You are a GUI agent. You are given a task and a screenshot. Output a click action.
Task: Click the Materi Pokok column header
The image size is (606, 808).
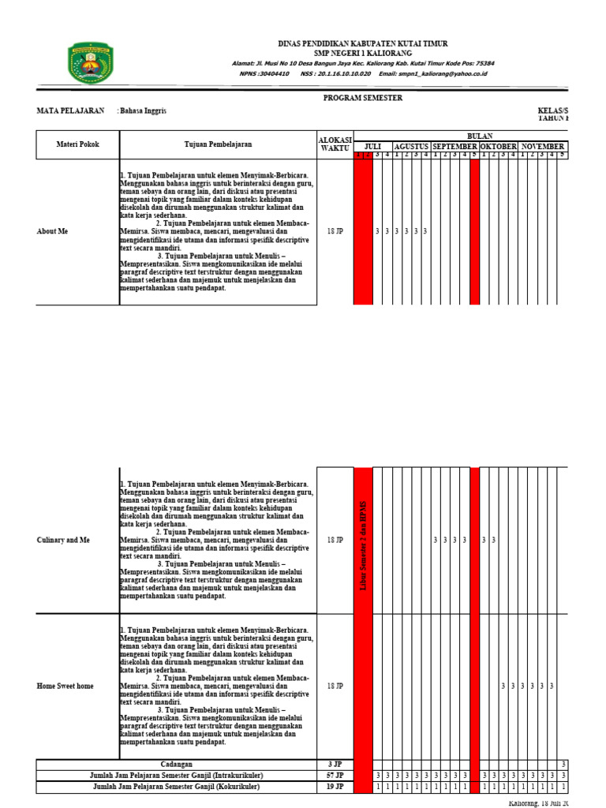click(78, 145)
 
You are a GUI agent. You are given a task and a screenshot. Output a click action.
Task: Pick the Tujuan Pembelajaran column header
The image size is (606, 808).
click(218, 145)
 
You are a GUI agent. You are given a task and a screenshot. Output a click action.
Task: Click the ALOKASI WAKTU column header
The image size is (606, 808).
click(335, 143)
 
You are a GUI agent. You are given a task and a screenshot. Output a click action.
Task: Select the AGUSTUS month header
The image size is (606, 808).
click(412, 147)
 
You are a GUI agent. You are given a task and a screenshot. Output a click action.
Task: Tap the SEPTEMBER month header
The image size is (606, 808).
click(454, 147)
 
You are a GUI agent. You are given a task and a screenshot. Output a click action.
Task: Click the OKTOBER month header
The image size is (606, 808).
click(499, 147)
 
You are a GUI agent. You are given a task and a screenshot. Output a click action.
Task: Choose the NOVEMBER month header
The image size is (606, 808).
click(542, 147)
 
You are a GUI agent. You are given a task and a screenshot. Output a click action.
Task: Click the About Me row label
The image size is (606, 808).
click(52, 232)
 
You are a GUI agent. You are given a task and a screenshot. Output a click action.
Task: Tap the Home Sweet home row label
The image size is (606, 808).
click(65, 686)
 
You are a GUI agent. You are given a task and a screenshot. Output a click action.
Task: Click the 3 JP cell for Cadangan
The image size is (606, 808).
click(335, 765)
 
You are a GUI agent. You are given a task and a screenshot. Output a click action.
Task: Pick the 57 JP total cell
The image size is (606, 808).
click(335, 776)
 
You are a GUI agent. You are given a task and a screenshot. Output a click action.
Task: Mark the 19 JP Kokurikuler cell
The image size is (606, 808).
click(335, 787)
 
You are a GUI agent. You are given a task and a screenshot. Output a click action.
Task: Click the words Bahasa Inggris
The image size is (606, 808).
click(143, 111)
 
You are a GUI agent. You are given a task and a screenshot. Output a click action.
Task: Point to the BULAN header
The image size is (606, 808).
click(480, 137)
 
